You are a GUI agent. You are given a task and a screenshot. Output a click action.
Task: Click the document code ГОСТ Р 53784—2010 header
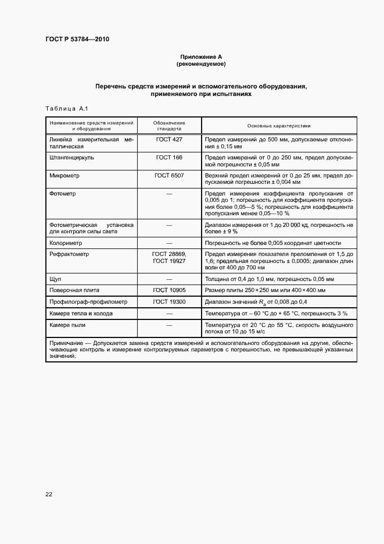77,40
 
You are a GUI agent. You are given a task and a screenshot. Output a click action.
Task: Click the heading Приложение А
202,56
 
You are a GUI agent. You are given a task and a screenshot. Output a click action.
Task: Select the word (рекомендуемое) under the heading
202,63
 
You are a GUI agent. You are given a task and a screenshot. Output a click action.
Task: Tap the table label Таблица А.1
66,109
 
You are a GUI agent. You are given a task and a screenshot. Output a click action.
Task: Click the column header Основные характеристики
279,126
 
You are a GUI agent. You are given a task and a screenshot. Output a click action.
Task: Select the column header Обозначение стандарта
169,126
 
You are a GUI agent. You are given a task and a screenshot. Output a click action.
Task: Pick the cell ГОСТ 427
169,140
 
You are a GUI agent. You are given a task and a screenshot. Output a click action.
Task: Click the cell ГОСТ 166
169,158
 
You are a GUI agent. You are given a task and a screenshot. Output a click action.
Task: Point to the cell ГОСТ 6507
169,175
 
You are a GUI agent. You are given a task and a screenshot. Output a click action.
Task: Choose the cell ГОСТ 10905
169,290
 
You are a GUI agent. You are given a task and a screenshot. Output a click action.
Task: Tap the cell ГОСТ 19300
169,302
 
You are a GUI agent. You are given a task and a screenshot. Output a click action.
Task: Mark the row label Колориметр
66,243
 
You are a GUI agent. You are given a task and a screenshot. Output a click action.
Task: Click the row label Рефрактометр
69,254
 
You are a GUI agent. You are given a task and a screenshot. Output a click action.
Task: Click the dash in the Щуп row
169,279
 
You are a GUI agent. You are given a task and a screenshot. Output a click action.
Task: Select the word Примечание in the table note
67,343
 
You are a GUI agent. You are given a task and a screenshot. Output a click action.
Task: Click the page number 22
49,495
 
